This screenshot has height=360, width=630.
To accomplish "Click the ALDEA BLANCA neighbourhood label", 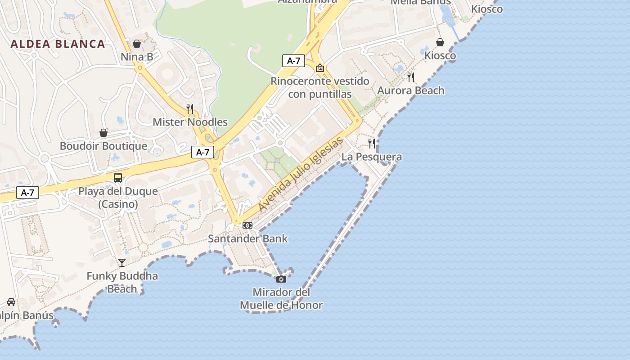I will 58,44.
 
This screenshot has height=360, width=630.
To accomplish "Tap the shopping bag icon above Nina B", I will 137,44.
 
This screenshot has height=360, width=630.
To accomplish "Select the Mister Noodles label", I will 190,122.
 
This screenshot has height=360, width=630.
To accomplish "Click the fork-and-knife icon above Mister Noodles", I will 190,108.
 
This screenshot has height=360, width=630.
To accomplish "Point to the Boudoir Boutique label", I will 103,146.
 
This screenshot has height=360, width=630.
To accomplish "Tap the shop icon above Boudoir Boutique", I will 103,133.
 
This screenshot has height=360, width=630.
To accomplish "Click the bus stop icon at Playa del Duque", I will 118,178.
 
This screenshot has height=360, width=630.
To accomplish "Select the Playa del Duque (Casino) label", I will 118,198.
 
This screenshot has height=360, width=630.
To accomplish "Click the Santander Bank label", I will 247,238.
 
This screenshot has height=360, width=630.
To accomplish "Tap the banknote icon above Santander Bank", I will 247,225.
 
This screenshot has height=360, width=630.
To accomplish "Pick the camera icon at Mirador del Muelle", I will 281,279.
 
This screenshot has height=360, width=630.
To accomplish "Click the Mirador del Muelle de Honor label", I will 281,299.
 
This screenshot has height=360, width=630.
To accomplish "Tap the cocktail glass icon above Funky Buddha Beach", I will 122,262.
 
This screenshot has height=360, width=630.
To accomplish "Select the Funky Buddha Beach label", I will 122,282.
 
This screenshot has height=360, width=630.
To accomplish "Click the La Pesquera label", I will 372,157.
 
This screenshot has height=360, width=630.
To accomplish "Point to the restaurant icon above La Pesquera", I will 372,144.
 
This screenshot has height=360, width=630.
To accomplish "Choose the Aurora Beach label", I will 411,90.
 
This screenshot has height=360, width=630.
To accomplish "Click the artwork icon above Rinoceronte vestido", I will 320,68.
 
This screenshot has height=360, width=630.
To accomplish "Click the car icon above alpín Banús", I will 11,302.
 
